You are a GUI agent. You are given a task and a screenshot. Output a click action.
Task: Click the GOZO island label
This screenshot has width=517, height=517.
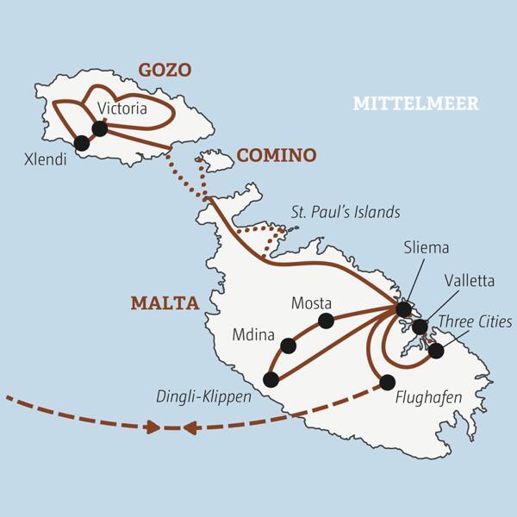click(x=164, y=70)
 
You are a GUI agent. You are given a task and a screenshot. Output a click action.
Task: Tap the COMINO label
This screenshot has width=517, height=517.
click(x=277, y=155)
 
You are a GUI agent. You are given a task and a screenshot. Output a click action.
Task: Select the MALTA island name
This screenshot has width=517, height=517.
click(x=165, y=303)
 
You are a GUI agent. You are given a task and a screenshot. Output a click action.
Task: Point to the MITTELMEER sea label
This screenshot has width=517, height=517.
click(x=415, y=104)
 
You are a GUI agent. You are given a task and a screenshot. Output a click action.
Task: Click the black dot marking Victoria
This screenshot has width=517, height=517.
click(x=99, y=128)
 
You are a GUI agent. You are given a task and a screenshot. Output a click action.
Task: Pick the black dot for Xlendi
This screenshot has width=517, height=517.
click(x=82, y=143)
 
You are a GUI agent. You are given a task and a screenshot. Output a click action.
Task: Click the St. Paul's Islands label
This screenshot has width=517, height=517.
click(x=345, y=212)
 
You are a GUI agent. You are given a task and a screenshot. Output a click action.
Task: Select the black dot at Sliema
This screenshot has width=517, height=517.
click(x=403, y=308)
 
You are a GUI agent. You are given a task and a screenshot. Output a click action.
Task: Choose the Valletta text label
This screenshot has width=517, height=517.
click(x=469, y=280)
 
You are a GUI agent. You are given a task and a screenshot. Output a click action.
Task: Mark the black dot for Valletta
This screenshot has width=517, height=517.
click(x=420, y=327)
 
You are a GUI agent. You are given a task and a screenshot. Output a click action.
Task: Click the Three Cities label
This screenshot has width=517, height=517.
click(x=475, y=322)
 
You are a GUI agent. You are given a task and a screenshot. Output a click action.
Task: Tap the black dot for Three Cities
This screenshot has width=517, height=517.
click(x=436, y=351)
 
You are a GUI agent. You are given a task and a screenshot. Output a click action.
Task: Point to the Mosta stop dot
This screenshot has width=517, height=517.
click(x=326, y=321)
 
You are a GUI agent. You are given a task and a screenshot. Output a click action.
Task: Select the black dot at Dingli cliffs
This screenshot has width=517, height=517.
click(x=271, y=379)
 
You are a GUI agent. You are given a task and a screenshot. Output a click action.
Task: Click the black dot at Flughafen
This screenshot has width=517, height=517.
click(x=387, y=382)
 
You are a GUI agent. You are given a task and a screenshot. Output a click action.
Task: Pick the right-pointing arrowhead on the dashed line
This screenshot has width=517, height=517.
click(x=153, y=427)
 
